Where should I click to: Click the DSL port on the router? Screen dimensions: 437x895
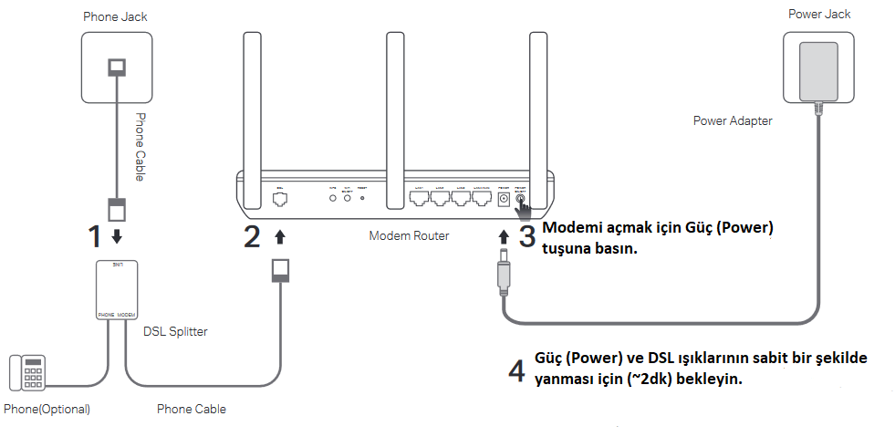(x=280, y=197)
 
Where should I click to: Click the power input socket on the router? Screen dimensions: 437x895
(x=504, y=197)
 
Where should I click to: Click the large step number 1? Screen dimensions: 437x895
(x=94, y=236)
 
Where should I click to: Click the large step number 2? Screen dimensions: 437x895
(x=252, y=236)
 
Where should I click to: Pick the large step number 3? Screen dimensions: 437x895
(x=526, y=236)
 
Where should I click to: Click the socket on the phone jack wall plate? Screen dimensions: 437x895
(x=117, y=68)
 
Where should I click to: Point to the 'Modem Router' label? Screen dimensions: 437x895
(x=410, y=235)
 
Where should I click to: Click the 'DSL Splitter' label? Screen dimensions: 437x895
(x=175, y=331)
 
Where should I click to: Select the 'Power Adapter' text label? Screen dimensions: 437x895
(x=733, y=120)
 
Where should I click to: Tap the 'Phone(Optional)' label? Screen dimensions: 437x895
(x=47, y=409)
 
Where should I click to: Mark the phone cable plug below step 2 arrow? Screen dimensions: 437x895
(x=282, y=270)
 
